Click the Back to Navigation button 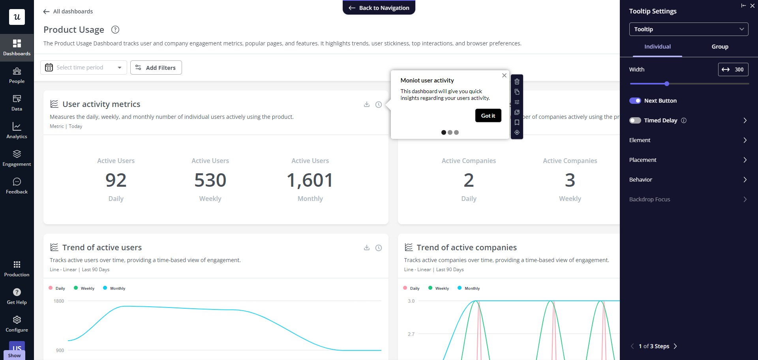(379, 8)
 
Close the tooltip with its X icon (504, 75)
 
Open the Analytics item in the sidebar (17, 130)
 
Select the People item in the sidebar (17, 75)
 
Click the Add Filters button (156, 67)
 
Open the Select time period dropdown (84, 67)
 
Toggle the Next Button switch (635, 101)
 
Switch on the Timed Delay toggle (635, 120)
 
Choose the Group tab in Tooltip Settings (720, 47)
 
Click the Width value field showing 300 (733, 69)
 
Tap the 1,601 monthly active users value (310, 180)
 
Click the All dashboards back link (68, 11)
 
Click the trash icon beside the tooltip (517, 82)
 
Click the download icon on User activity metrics (367, 104)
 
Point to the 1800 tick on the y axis (59, 301)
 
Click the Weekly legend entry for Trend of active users (84, 288)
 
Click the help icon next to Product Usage (115, 30)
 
